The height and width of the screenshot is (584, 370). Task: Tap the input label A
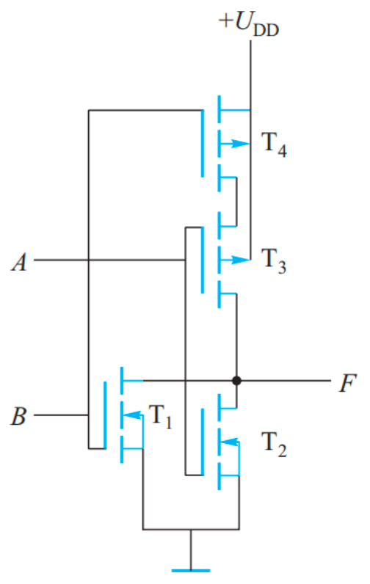pyautogui.click(x=20, y=262)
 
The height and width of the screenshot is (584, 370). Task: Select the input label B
pyautogui.click(x=18, y=416)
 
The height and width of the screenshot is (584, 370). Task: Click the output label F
pyautogui.click(x=347, y=383)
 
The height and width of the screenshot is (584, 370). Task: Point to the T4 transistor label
pyautogui.click(x=274, y=145)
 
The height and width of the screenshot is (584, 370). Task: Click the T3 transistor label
pyautogui.click(x=274, y=260)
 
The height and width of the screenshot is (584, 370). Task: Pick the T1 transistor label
pyautogui.click(x=160, y=417)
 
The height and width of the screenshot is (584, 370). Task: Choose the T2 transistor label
pyautogui.click(x=274, y=445)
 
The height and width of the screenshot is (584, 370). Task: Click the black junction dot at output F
pyautogui.click(x=236, y=381)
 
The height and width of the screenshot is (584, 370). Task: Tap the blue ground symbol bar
pyautogui.click(x=191, y=570)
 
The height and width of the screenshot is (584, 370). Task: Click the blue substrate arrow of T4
pyautogui.click(x=235, y=143)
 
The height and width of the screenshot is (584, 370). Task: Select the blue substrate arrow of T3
pyautogui.click(x=235, y=260)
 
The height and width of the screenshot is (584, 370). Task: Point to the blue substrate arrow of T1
pyautogui.click(x=132, y=415)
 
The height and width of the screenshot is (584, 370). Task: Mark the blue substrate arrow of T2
pyautogui.click(x=229, y=442)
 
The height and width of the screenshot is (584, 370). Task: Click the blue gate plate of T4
pyautogui.click(x=203, y=143)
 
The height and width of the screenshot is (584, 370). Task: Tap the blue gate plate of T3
pyautogui.click(x=203, y=260)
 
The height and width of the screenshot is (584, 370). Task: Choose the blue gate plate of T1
pyautogui.click(x=105, y=415)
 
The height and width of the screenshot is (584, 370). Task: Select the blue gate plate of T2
pyautogui.click(x=203, y=442)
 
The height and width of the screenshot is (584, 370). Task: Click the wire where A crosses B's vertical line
pyautogui.click(x=89, y=260)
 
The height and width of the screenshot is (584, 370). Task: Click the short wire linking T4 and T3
pyautogui.click(x=236, y=202)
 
